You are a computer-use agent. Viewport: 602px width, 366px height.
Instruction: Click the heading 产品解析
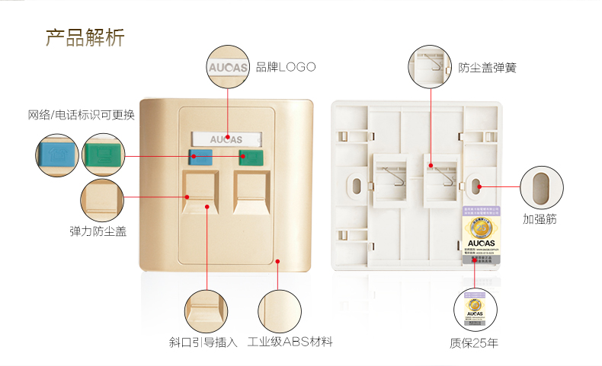tap(85, 37)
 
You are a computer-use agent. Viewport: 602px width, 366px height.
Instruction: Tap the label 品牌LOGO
tap(285, 67)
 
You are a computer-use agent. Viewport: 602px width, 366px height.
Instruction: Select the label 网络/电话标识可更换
tap(81, 115)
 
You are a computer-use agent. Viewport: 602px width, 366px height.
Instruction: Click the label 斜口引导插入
tap(203, 342)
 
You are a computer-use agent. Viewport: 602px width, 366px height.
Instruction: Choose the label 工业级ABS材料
tap(290, 342)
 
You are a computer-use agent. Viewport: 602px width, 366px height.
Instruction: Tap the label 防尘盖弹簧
tap(487, 67)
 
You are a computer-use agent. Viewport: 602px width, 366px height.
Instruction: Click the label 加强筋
tap(540, 219)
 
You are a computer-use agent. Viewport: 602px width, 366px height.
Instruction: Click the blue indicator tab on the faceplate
tap(201, 158)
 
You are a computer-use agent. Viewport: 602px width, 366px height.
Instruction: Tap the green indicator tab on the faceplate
tap(251, 158)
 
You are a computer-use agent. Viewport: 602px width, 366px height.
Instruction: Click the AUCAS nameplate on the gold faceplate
tap(226, 139)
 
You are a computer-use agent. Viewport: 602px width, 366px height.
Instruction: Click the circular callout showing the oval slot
tap(542, 186)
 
